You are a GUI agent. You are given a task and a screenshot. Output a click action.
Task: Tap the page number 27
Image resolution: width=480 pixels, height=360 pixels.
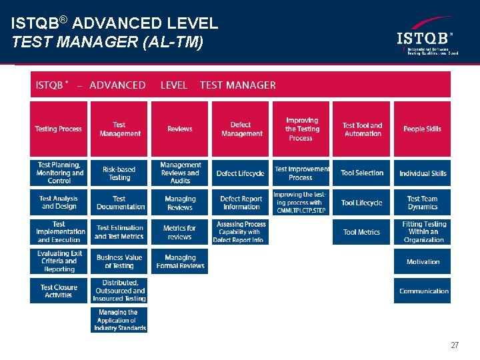tap(455, 345)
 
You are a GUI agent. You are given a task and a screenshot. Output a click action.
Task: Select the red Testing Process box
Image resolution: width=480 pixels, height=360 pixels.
tap(59, 129)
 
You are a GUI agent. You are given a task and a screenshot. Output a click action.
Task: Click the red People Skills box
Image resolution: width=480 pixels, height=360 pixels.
tap(422, 129)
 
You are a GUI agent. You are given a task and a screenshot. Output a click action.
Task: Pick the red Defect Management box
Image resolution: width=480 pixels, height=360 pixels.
tap(241, 129)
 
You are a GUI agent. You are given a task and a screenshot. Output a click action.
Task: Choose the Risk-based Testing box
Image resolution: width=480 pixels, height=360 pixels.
tap(119, 173)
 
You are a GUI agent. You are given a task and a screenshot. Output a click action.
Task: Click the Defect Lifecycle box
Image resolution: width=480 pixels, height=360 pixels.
tap(241, 173)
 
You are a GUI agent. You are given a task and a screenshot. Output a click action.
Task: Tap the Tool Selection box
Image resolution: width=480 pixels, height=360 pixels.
tap(361, 173)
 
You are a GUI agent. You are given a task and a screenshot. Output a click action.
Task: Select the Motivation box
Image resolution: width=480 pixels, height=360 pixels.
tap(422, 261)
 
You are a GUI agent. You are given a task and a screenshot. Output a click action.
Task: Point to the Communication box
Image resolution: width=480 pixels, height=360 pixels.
tap(422, 291)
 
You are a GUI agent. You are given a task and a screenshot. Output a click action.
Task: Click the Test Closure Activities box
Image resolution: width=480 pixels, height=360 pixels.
tap(59, 291)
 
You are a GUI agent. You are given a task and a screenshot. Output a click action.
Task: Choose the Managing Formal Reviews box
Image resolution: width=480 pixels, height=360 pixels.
tap(180, 261)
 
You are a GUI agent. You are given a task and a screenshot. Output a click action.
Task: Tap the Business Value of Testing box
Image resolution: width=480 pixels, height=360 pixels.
tap(119, 261)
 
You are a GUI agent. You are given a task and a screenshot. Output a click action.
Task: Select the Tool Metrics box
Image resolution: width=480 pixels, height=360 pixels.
tap(361, 232)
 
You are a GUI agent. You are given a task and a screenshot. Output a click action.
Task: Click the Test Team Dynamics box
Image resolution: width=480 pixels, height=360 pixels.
tap(422, 203)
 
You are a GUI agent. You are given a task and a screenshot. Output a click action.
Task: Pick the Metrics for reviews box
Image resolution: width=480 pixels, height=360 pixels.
tap(180, 232)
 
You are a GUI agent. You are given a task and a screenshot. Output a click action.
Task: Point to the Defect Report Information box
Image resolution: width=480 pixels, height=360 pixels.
tap(241, 203)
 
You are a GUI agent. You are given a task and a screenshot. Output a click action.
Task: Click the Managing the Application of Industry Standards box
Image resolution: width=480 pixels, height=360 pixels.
tap(119, 320)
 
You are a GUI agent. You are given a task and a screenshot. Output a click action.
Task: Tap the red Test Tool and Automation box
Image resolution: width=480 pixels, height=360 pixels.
tap(361, 129)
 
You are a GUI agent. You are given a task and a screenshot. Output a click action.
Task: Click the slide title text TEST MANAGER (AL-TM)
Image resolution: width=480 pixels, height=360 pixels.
tap(107, 43)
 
